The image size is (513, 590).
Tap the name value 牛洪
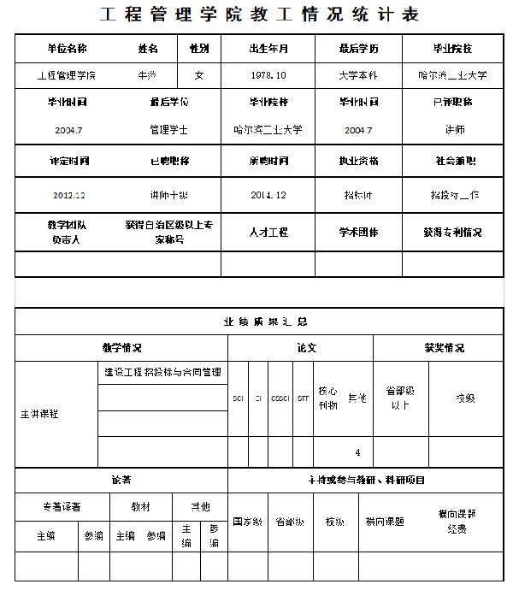[147, 75]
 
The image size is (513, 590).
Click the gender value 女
[199, 75]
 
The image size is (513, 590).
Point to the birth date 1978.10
[268, 75]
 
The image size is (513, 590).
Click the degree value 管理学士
[168, 130]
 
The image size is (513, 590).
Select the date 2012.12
[68, 195]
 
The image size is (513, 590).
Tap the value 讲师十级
[168, 195]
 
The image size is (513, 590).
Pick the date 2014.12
[268, 195]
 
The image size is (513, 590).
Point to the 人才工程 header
[268, 232]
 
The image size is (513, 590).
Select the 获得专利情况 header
[452, 232]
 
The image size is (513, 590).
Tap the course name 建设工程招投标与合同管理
[162, 373]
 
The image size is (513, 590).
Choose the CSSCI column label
[280, 398]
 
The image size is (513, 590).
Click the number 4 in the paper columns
[357, 452]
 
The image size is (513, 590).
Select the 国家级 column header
[248, 522]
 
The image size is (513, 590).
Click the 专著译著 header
[62, 506]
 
